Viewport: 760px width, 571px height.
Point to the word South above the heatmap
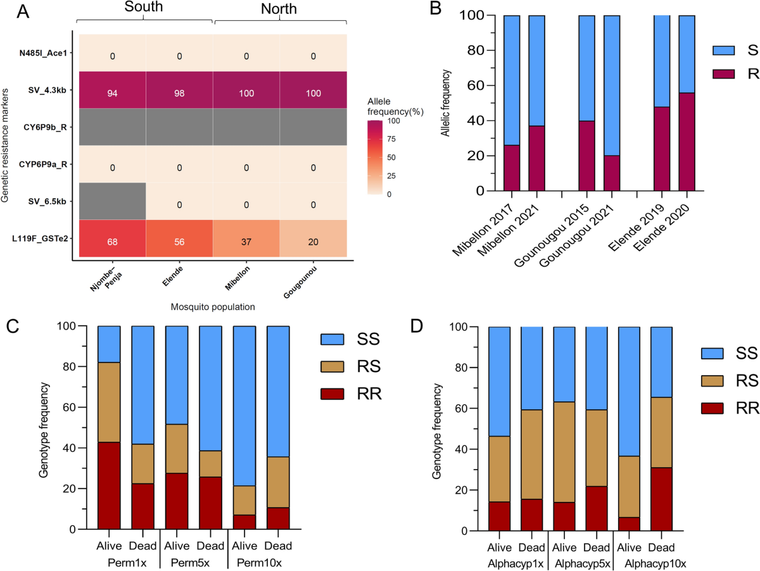pyautogui.click(x=144, y=8)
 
